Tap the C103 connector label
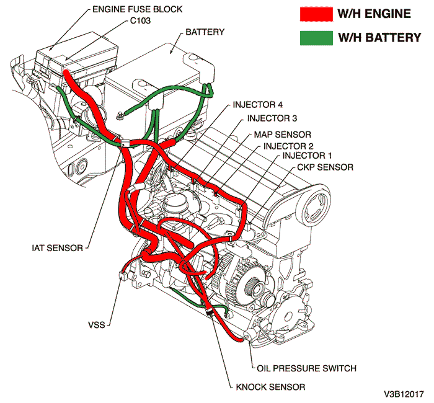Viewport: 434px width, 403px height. click(x=140, y=21)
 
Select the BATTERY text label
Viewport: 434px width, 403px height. click(x=205, y=32)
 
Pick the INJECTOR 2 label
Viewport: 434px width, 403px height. click(x=288, y=146)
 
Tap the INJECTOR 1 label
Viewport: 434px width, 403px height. click(x=308, y=155)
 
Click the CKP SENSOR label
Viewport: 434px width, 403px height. click(x=325, y=167)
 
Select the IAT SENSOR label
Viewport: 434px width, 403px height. click(x=57, y=248)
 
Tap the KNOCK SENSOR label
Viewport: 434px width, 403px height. click(x=270, y=387)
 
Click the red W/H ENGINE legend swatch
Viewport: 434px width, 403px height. click(x=315, y=14)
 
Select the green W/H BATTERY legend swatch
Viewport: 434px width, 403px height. click(x=315, y=37)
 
